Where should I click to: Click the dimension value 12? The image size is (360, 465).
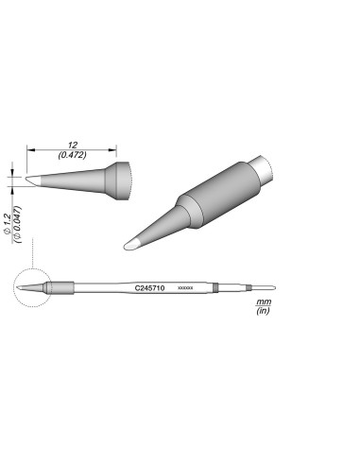click(x=71, y=138)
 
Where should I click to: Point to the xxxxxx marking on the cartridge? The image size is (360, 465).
click(x=185, y=286)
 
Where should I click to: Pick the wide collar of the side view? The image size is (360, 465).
click(x=118, y=176)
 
